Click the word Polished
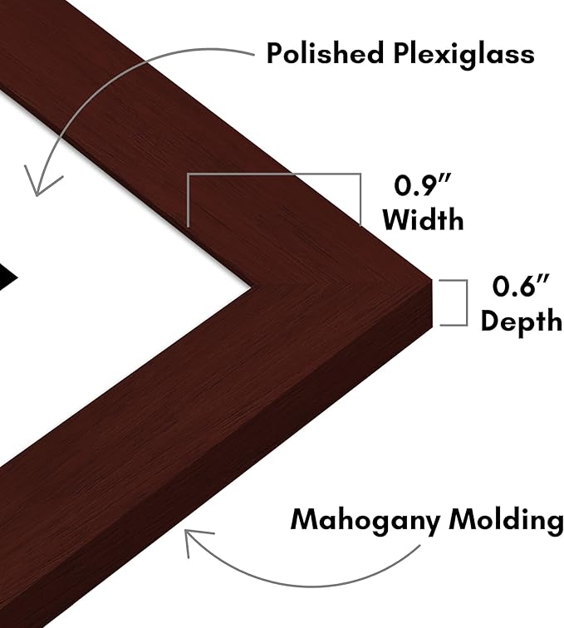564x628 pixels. [x=325, y=53]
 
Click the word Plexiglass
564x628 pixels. [x=463, y=55]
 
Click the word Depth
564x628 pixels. [x=521, y=321]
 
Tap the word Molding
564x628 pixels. [x=507, y=521]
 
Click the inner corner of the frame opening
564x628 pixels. [x=252, y=287]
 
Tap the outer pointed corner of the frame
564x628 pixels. [x=432, y=279]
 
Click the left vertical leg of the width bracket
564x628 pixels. [x=188, y=200]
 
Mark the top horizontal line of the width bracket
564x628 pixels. [x=274, y=174]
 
